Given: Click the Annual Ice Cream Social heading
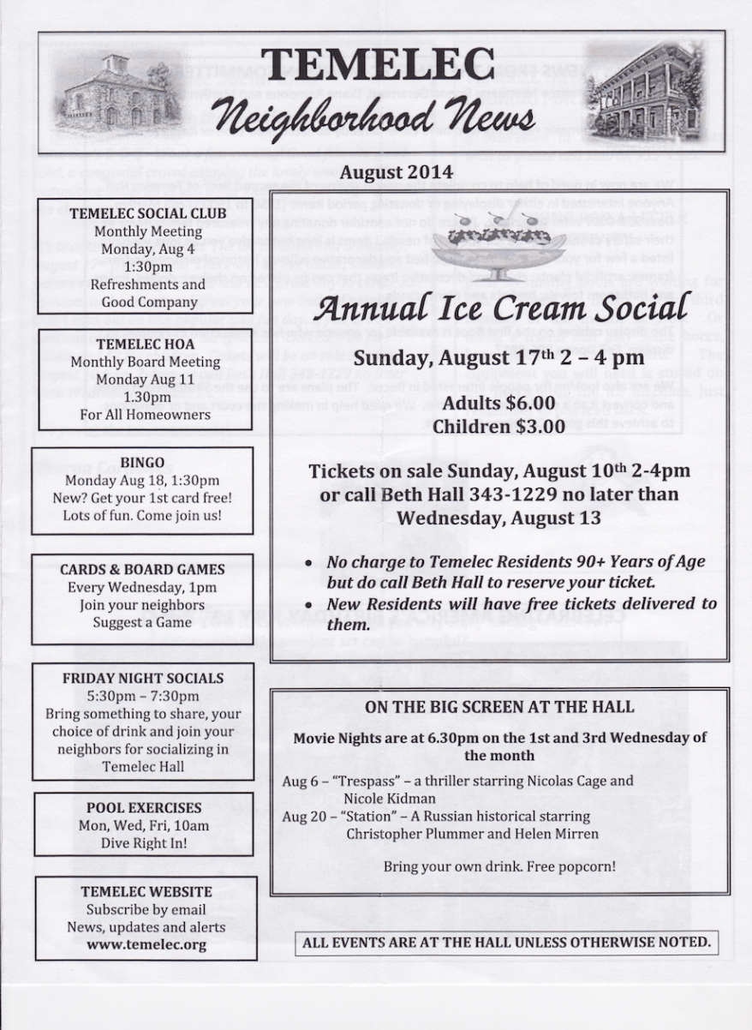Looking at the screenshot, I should pyautogui.click(x=500, y=308).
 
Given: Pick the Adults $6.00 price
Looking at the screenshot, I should pyautogui.click(x=500, y=403).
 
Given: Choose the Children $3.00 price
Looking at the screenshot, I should pyautogui.click(x=500, y=426).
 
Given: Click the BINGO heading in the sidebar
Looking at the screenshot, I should pyautogui.click(x=142, y=463).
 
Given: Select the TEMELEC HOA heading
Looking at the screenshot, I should pyautogui.click(x=142, y=344).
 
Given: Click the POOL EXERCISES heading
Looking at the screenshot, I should pyautogui.click(x=144, y=807).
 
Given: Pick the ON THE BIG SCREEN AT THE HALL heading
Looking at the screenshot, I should pyautogui.click(x=499, y=707).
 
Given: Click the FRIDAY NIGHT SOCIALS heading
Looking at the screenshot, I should pyautogui.click(x=143, y=678).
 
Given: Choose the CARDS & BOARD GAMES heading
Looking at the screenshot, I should pyautogui.click(x=142, y=569).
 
